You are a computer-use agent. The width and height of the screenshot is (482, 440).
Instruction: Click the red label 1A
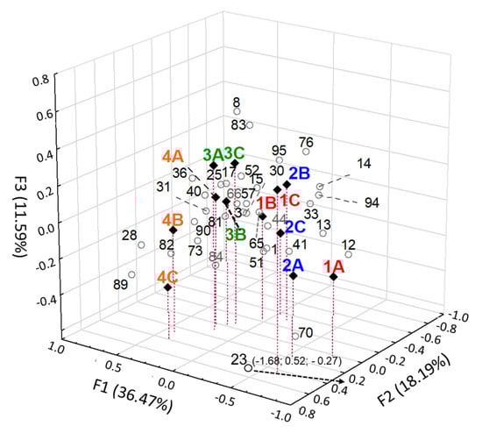(x=333, y=266)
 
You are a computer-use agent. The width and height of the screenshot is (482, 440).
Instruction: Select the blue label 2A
(x=293, y=263)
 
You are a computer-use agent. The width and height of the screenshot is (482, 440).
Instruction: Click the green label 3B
(x=235, y=234)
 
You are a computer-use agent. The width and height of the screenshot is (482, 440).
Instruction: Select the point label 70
(x=306, y=333)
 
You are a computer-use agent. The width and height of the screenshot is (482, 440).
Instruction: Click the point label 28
(x=130, y=235)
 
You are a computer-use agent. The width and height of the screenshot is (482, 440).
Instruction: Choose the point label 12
(x=348, y=245)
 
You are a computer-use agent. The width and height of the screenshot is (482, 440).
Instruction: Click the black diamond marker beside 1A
(x=333, y=277)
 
